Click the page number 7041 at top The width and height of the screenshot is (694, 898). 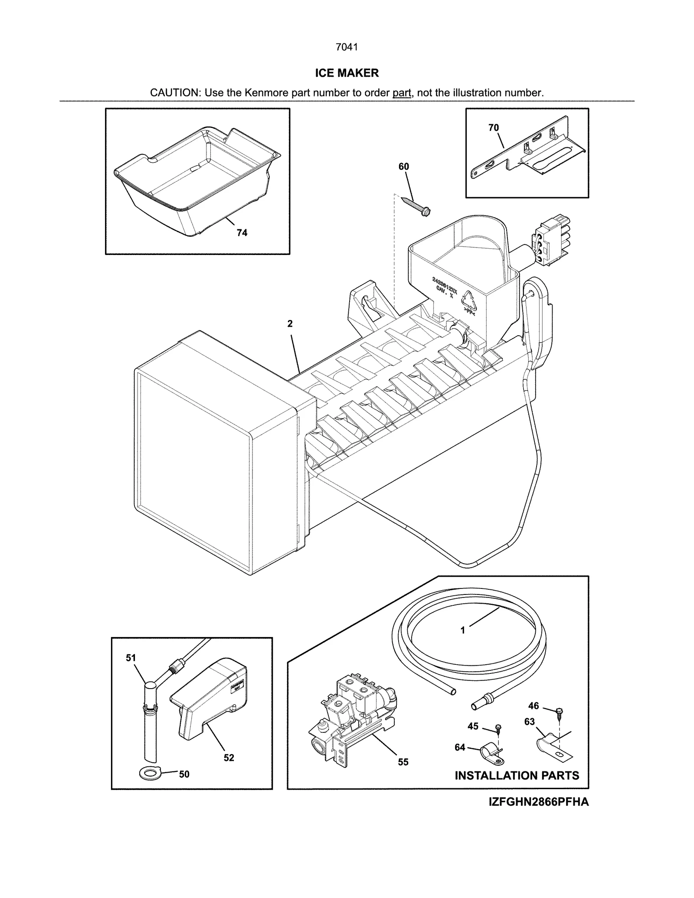point(347,47)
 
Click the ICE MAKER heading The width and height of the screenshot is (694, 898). point(347,73)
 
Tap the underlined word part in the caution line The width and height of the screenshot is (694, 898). point(401,93)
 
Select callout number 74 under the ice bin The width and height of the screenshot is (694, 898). point(242,233)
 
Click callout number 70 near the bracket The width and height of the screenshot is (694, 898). point(494,128)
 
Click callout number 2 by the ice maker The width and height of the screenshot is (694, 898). point(290,323)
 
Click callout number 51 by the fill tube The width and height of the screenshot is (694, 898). point(131,658)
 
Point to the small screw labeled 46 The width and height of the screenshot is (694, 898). point(559,712)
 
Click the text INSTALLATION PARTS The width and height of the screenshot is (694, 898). point(517,776)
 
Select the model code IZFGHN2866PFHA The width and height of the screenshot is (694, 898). point(539,802)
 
